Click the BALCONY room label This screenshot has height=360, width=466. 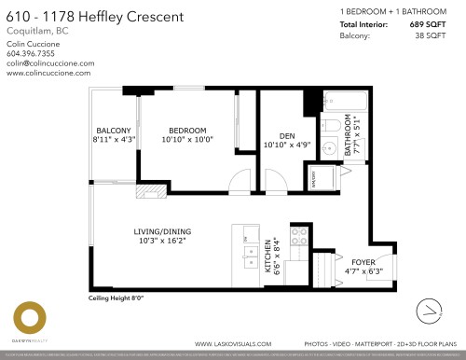pyautogui.click(x=114, y=130)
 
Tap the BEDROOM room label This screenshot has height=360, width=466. pyautogui.click(x=187, y=130)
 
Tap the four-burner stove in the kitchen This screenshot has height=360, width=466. pyautogui.click(x=300, y=236)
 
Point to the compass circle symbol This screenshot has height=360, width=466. pyautogui.click(x=431, y=309)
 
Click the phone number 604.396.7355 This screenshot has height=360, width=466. pyautogui.click(x=31, y=53)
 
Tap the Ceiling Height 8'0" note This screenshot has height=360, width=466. pyautogui.click(x=116, y=298)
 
